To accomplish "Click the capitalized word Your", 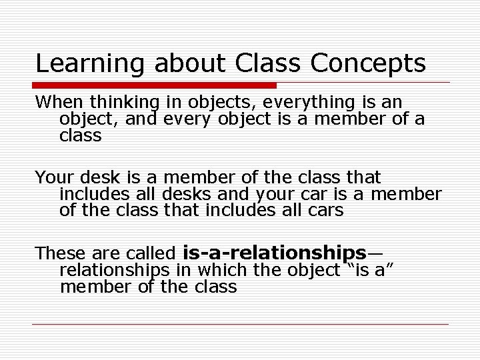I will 55,178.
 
